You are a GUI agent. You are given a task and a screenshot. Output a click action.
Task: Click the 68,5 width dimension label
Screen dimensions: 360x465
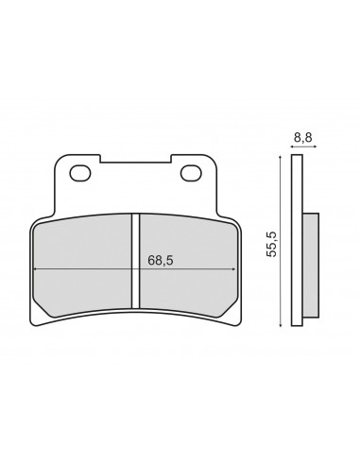(x=161, y=261)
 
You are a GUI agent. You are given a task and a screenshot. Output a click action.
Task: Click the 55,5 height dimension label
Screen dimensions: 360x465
(x=271, y=244)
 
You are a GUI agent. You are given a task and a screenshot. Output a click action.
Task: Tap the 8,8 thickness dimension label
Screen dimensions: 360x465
(x=303, y=138)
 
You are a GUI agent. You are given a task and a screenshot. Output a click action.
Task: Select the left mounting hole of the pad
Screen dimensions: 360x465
(x=80, y=173)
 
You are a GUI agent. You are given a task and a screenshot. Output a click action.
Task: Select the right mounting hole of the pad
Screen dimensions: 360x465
(x=191, y=173)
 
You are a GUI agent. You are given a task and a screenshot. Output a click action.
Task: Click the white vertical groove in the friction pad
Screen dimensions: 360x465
(x=135, y=261)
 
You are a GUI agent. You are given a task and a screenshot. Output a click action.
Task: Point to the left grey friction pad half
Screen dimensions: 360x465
(x=82, y=266)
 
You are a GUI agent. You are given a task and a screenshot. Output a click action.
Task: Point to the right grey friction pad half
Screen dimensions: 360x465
(x=187, y=266)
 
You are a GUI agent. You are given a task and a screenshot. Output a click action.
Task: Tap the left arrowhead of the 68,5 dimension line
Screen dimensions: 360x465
(x=35, y=269)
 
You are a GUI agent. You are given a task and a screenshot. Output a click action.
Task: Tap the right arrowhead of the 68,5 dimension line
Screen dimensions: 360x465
(x=233, y=269)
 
